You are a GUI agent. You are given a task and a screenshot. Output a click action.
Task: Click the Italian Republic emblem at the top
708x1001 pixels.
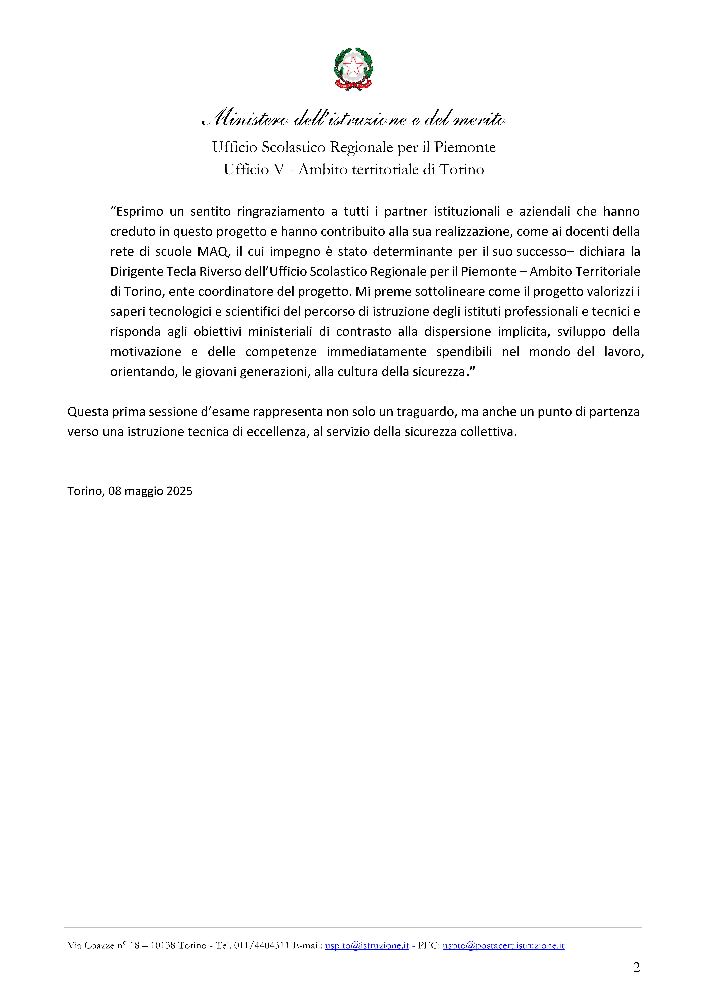(x=354, y=69)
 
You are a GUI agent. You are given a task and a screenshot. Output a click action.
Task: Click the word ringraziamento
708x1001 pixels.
(x=281, y=211)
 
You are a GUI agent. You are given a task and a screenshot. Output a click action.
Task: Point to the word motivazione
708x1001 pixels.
(x=146, y=352)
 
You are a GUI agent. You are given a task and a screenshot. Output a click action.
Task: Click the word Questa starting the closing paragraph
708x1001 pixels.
(x=88, y=412)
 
